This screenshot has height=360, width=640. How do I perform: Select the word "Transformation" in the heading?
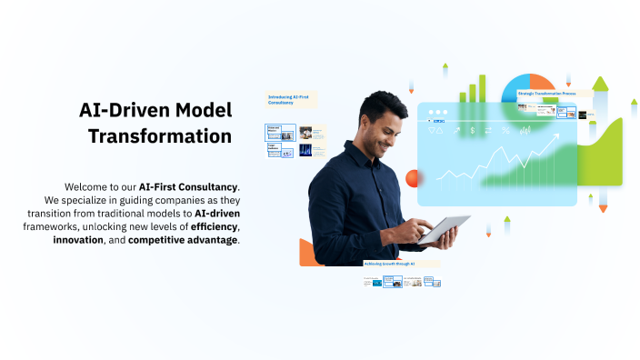point(159,136)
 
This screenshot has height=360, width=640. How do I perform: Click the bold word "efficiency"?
point(215,226)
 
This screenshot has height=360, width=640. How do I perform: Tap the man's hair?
point(380,107)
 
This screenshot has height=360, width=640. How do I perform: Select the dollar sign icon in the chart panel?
point(472,130)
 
